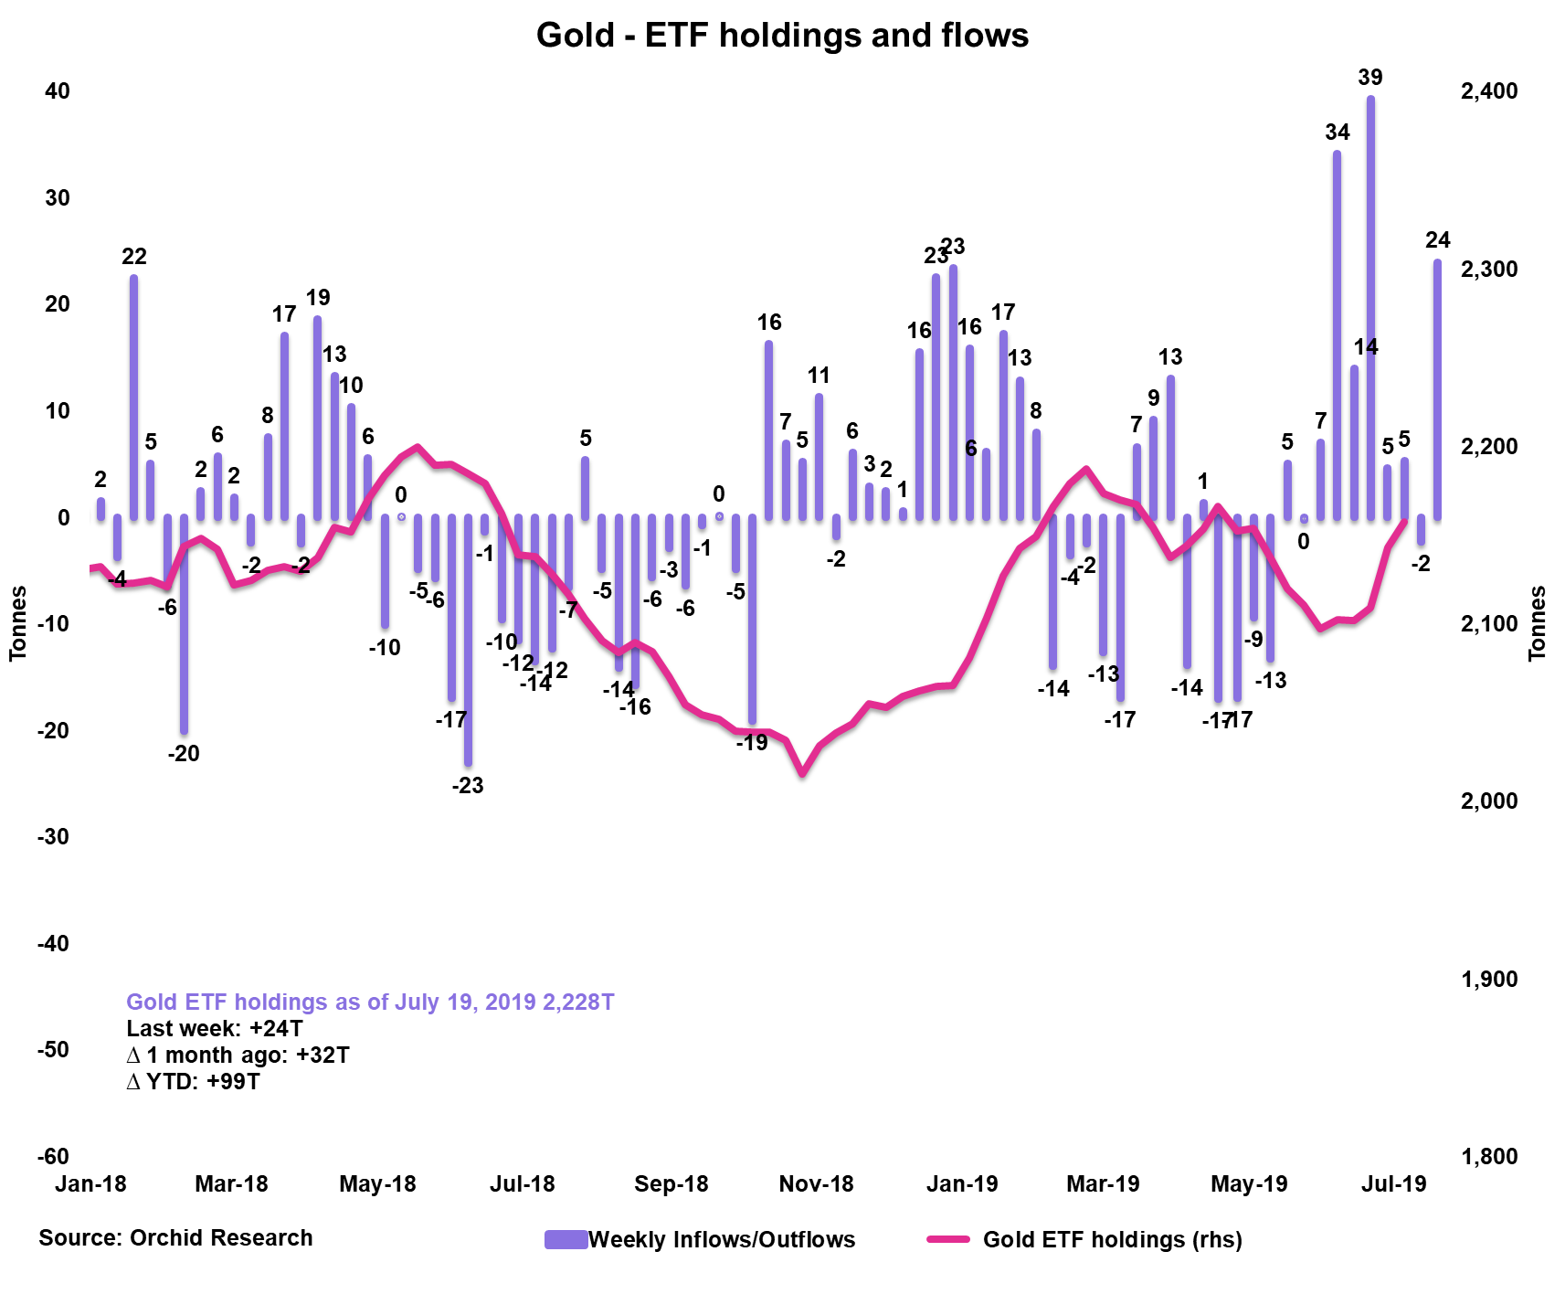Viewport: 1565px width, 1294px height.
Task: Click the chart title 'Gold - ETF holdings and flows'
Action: pos(782,36)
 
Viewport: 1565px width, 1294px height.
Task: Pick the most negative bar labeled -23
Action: pos(468,640)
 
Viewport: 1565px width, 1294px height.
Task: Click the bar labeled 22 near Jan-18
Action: pos(134,397)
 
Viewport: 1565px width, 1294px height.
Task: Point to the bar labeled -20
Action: pos(184,625)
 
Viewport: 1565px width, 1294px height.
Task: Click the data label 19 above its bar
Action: pos(318,298)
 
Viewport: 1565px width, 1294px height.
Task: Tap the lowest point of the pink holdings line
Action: pos(802,773)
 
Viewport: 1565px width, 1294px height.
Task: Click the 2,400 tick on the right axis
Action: pos(1489,91)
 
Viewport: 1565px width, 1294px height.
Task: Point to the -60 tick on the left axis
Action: pos(53,1156)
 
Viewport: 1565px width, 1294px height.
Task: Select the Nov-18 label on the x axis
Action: pos(816,1184)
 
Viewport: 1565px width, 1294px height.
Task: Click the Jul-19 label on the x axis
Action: pos(1393,1184)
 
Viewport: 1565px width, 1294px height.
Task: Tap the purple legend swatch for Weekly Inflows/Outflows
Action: pos(566,1239)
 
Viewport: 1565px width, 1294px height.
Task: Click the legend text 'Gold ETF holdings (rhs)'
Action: pos(1112,1240)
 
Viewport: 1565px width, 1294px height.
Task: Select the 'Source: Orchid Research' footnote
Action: pos(175,1238)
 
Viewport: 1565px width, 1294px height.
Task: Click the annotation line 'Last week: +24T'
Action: pos(215,1029)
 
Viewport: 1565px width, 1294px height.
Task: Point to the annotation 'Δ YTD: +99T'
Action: pos(194,1082)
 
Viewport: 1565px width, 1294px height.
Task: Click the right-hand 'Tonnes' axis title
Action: pos(1538,623)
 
